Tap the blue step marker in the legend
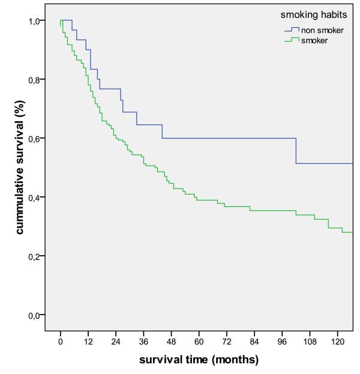click(x=292, y=29)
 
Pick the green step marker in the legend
click(x=292, y=40)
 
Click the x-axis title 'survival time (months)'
click(x=199, y=360)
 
